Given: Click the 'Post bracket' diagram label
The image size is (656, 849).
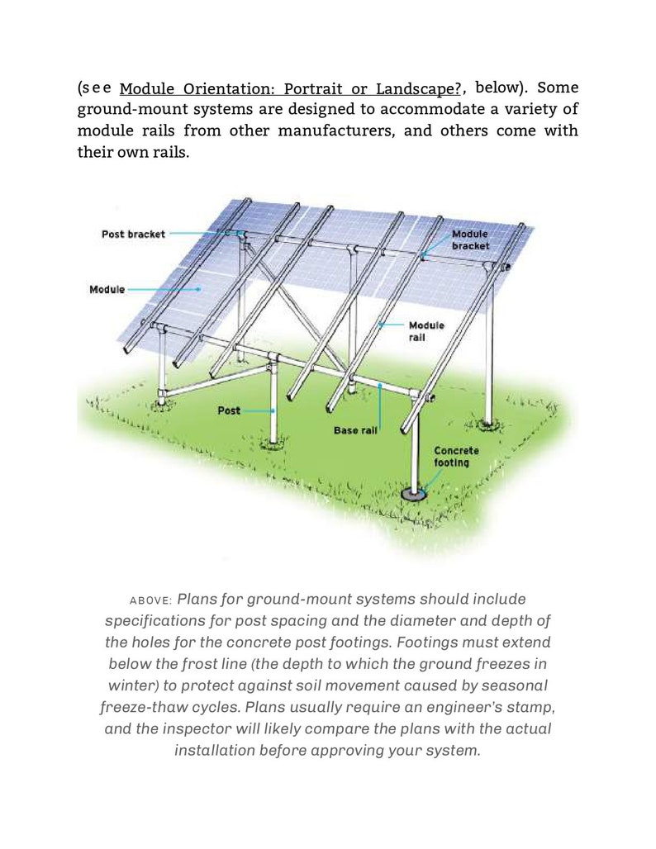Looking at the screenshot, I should pyautogui.click(x=133, y=234).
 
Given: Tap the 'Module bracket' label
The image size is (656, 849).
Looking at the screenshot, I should pyautogui.click(x=470, y=240).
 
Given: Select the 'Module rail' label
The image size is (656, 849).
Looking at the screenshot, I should pyautogui.click(x=426, y=331).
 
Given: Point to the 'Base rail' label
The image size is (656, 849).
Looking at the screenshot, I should pyautogui.click(x=355, y=430).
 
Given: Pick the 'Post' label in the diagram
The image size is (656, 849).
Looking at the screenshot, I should pyautogui.click(x=229, y=410).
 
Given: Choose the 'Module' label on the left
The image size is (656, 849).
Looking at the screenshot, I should pyautogui.click(x=107, y=289).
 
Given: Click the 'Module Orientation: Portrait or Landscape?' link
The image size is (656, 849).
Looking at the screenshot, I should pyautogui.click(x=290, y=88).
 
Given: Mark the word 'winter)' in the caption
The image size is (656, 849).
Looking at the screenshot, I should pyautogui.click(x=135, y=685).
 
